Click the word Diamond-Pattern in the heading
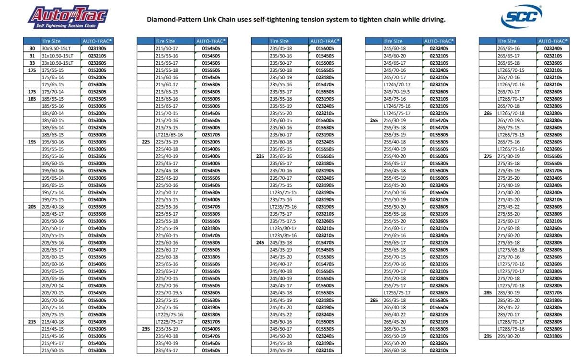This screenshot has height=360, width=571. click(172, 20)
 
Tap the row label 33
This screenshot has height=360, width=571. click(33, 63)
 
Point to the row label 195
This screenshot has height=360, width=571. click(33, 142)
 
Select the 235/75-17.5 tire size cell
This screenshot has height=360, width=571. click(283, 221)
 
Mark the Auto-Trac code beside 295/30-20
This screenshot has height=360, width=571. click(553, 336)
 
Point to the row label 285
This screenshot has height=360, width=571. click(488, 293)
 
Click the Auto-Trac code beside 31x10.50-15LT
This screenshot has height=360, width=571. click(97, 56)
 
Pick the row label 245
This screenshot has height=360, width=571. click(260, 243)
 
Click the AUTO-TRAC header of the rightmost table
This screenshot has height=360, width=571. click(553, 41)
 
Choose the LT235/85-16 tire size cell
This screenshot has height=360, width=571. click(283, 235)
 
